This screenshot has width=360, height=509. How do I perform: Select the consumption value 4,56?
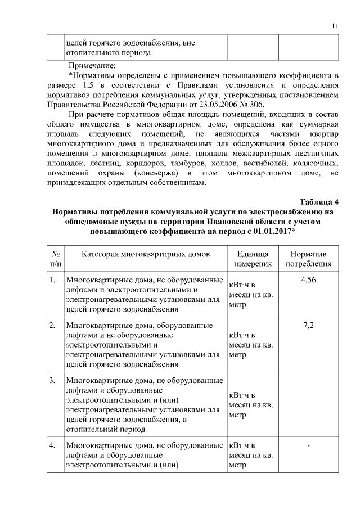pyautogui.click(x=308, y=280)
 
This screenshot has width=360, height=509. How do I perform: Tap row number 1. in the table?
pyautogui.click(x=52, y=280)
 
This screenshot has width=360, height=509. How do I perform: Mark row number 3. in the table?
pyautogui.click(x=52, y=381)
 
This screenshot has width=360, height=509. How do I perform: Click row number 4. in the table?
pyautogui.click(x=52, y=446)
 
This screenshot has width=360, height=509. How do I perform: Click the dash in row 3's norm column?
pyautogui.click(x=308, y=382)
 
